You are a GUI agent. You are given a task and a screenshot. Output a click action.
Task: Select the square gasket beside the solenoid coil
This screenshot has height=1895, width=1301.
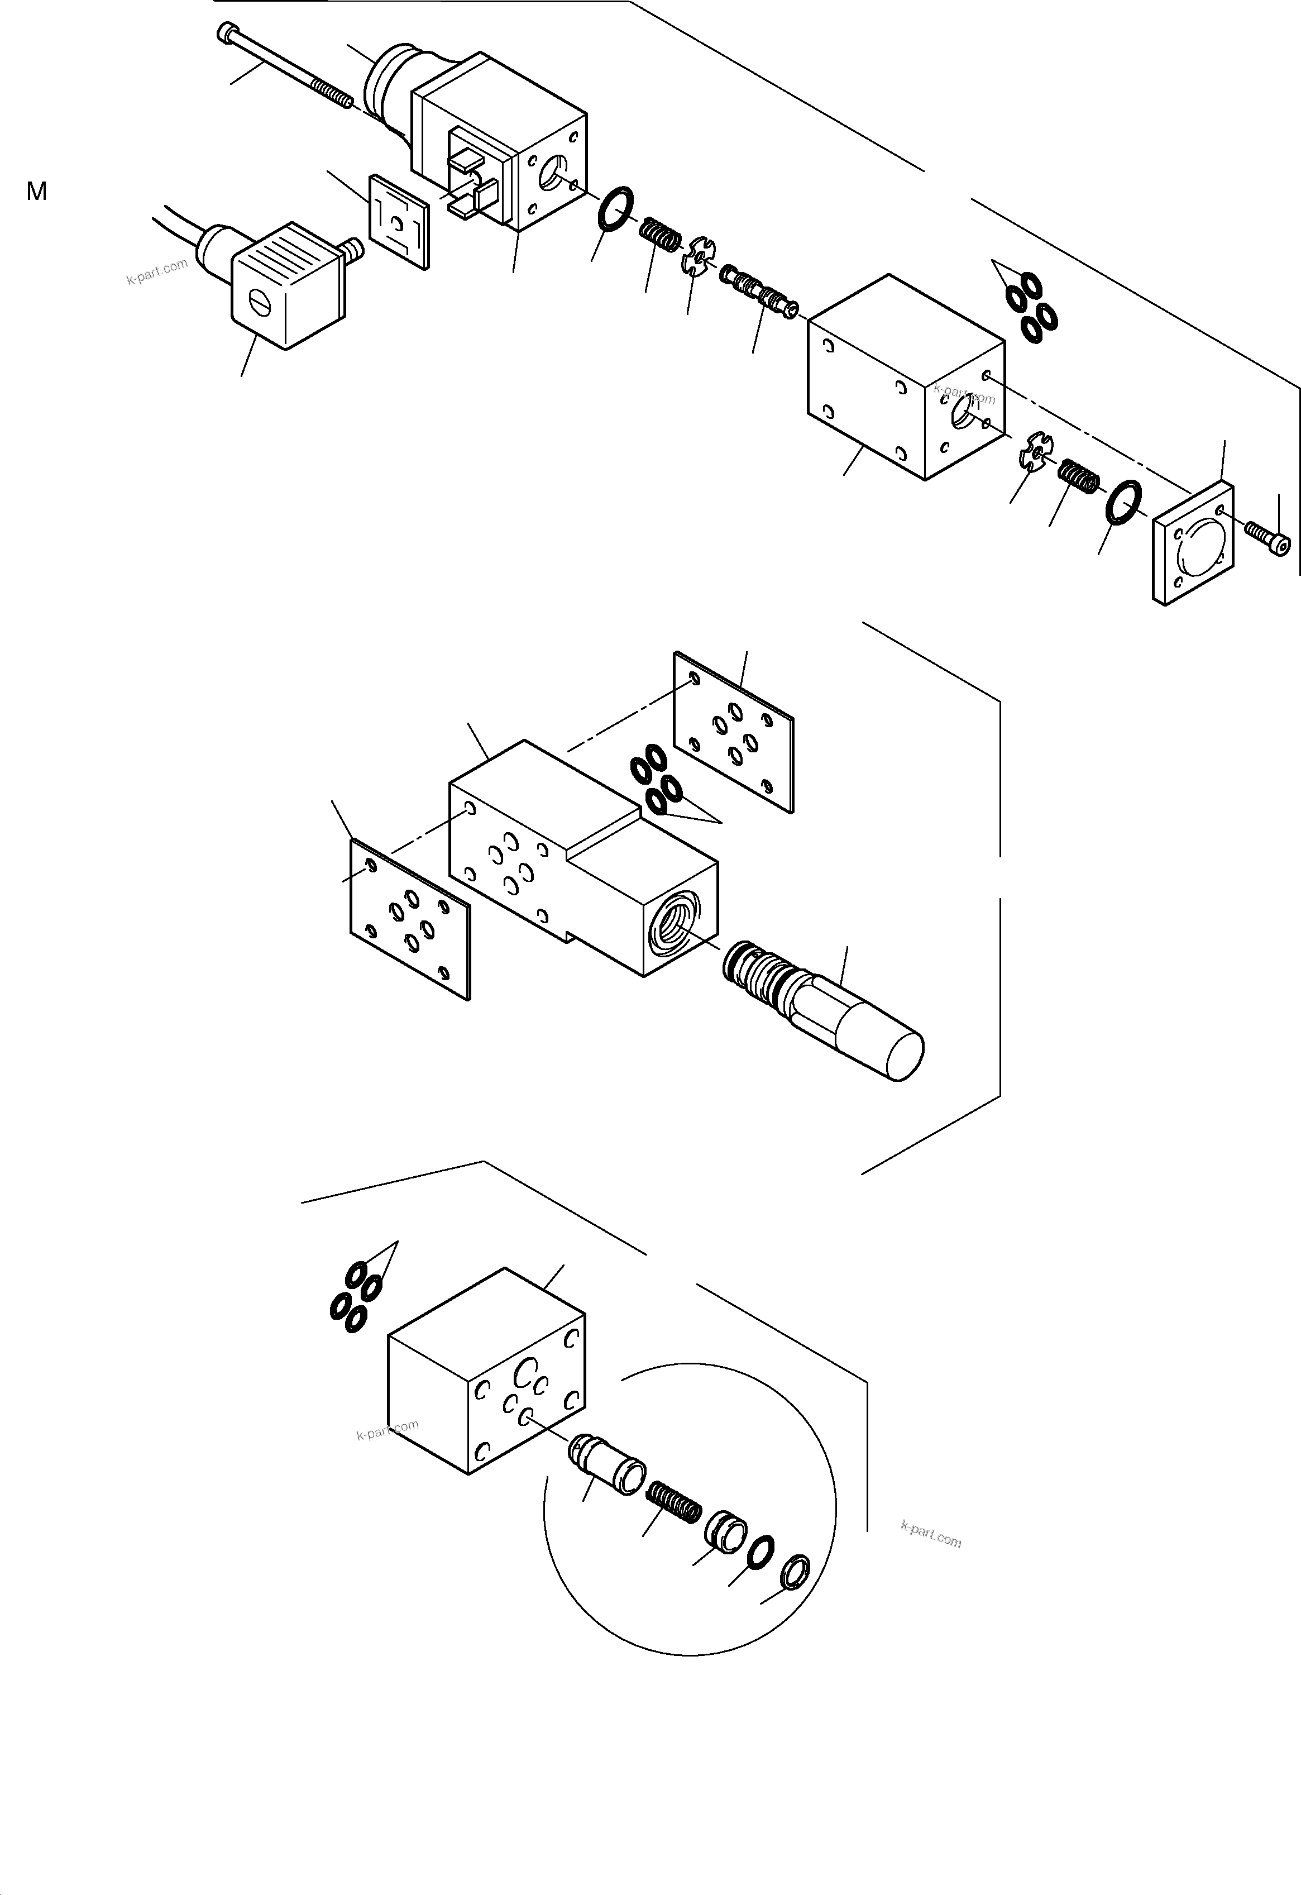(399, 221)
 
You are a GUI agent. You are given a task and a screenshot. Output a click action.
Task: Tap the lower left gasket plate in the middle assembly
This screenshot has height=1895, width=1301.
(410, 920)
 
